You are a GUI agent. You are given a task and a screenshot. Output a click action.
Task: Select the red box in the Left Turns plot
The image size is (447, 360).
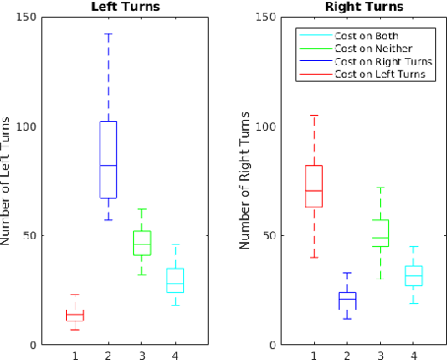[x=75, y=315]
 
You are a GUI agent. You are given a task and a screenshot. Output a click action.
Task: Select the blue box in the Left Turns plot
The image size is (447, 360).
[x=108, y=159]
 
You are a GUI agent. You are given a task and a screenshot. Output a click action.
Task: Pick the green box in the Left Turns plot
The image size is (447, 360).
[x=142, y=243]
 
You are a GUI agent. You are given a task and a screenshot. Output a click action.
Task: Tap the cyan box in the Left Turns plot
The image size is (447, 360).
[x=175, y=280]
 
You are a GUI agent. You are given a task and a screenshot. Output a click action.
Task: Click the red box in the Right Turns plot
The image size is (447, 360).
[x=313, y=186]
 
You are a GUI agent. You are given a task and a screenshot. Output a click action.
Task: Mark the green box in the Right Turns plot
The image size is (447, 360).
[x=380, y=233]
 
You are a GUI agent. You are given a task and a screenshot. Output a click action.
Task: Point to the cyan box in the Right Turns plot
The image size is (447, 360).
[x=414, y=275]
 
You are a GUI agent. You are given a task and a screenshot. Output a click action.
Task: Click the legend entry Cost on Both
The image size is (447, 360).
[x=365, y=35]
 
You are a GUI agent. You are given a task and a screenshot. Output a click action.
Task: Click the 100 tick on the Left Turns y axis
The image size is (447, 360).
[x=32, y=127]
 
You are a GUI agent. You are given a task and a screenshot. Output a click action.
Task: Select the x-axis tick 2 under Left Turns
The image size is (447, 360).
[x=108, y=355]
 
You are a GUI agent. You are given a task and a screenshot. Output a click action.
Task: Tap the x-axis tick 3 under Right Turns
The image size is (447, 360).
[x=380, y=355]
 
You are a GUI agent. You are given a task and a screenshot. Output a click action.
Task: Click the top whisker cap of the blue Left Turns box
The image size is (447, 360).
[x=108, y=33]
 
